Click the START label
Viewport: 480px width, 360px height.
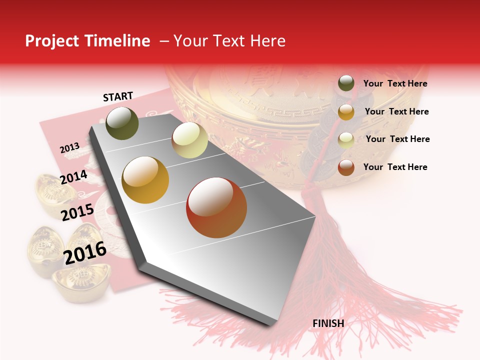[x=118, y=96]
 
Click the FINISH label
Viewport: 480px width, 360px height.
[x=328, y=323]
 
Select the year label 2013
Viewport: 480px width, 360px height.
[x=69, y=148]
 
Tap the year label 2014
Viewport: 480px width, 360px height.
[x=73, y=177]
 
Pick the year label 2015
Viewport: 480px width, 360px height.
[x=77, y=212]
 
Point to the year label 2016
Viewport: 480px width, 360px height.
[x=85, y=252]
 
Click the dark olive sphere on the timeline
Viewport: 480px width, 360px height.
[x=122, y=123]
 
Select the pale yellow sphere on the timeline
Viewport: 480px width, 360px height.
[x=190, y=140]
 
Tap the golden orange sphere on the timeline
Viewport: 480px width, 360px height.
[x=145, y=180]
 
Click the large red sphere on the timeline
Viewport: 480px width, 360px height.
[x=216, y=207]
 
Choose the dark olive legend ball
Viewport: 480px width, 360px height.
[x=346, y=83]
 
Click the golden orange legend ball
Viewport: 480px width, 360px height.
[x=346, y=112]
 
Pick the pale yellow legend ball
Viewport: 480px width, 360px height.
[x=346, y=140]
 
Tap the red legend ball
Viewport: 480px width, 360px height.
[x=346, y=167]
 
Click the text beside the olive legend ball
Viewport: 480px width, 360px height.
[x=395, y=83]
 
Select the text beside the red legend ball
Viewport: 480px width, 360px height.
[x=395, y=167]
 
